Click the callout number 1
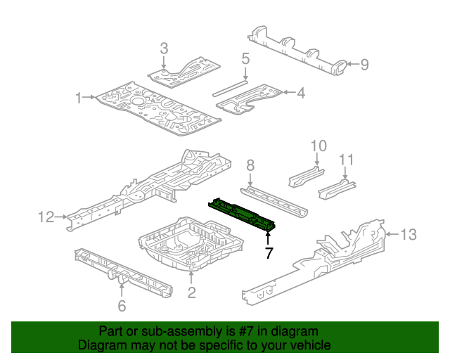pos(79,98)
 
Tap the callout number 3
pos(164,49)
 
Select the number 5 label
pos(245,58)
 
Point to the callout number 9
pos(364,65)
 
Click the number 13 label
pos(409,234)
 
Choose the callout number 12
pos(46,218)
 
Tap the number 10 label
pos(319,146)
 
